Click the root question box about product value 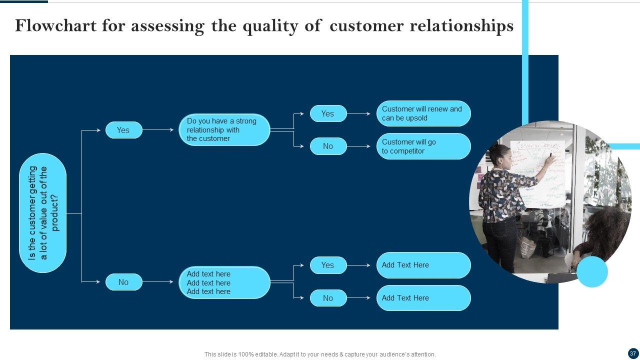(x=43, y=213)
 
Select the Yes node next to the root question (x=123, y=130)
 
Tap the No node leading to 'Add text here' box (x=123, y=282)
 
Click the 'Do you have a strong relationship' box (x=224, y=130)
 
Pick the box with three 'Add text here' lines (x=224, y=282)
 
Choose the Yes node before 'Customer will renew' (x=328, y=113)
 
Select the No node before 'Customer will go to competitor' (x=328, y=146)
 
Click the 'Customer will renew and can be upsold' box (x=423, y=113)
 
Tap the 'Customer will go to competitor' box (x=423, y=146)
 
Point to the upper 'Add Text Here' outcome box (x=423, y=265)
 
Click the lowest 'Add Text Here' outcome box (x=423, y=298)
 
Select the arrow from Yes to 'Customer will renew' (x=359, y=114)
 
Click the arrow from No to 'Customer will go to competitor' (x=359, y=146)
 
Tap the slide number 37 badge (x=633, y=353)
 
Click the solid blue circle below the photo (x=592, y=271)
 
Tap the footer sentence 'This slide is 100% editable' (x=320, y=354)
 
